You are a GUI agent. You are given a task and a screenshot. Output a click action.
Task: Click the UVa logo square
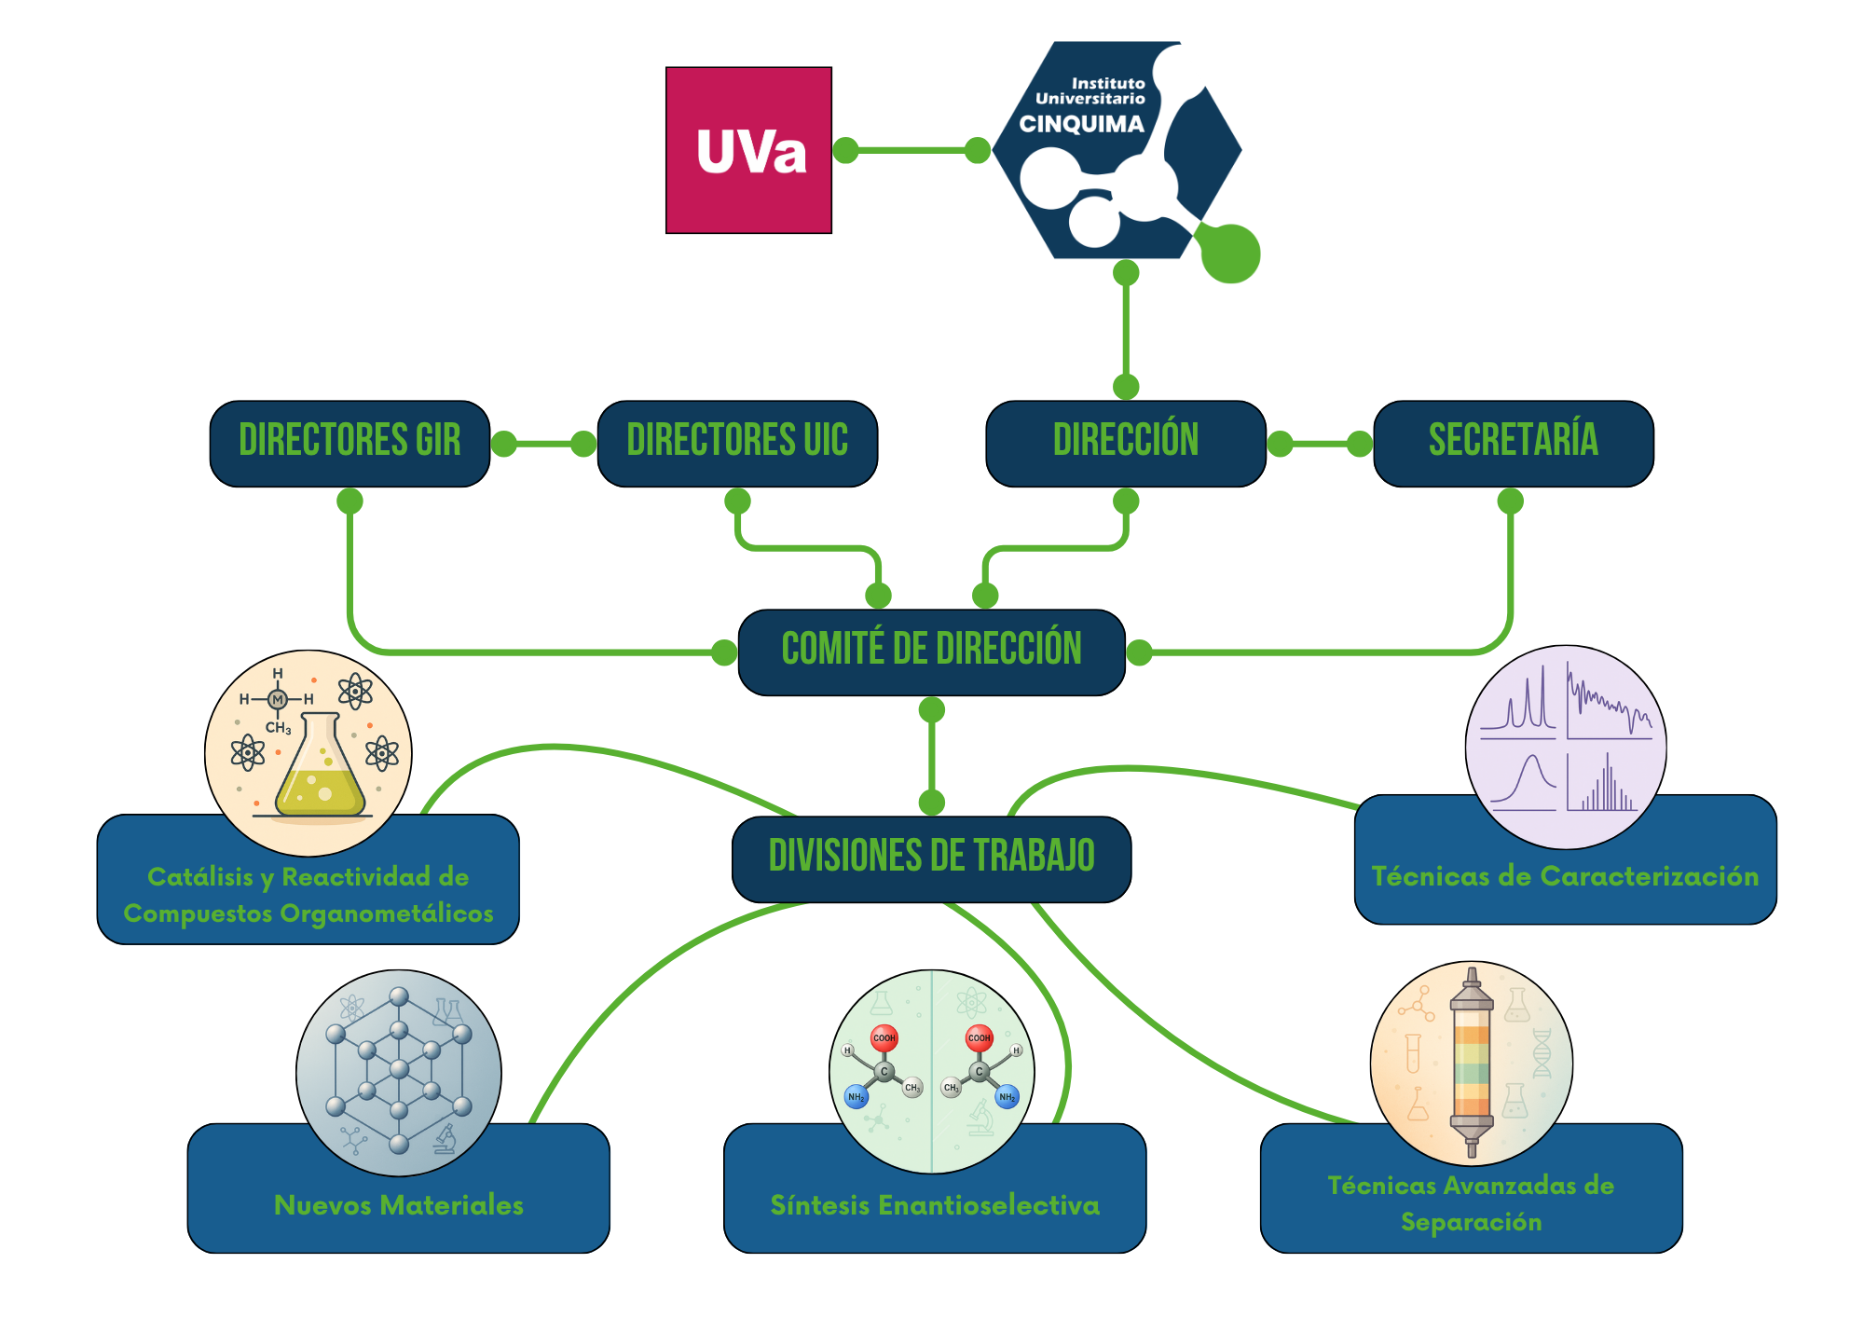click(x=748, y=150)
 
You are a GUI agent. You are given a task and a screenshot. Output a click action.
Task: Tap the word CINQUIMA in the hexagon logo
click(x=1081, y=124)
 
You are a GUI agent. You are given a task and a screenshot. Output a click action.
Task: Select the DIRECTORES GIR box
click(x=349, y=443)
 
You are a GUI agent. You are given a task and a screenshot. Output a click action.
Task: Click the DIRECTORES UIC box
click(x=737, y=443)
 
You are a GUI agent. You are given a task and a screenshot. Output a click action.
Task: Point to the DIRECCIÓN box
click(x=1125, y=443)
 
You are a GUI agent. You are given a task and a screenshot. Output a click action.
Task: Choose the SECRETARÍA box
click(x=1513, y=443)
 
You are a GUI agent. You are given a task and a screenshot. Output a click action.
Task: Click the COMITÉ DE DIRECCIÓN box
click(x=931, y=652)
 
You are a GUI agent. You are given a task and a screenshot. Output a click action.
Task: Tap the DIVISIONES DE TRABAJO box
click(x=931, y=858)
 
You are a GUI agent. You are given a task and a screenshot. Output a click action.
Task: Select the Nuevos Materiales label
click(x=399, y=1205)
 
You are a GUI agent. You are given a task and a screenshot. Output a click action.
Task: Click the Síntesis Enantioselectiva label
click(x=935, y=1205)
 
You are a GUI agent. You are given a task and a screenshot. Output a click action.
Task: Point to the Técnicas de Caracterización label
click(x=1565, y=876)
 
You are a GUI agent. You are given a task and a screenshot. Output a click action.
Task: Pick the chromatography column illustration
click(x=1472, y=1063)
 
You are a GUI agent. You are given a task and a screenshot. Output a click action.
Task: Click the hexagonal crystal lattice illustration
click(x=399, y=1072)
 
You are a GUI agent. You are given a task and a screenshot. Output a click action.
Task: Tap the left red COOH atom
click(x=884, y=1037)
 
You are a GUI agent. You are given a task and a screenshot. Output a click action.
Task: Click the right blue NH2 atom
click(x=1007, y=1097)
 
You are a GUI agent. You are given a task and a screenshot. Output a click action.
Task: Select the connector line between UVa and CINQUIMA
click(x=911, y=150)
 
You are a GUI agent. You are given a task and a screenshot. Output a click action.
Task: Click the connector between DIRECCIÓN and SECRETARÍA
click(x=1320, y=444)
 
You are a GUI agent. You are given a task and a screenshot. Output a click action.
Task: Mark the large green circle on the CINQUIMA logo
click(x=1230, y=254)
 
